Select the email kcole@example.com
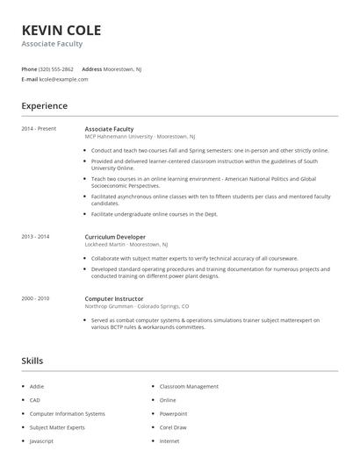pos(64,79)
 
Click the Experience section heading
pos(44,106)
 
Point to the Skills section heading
pos(32,361)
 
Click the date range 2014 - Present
pos(39,129)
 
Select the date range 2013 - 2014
pos(35,237)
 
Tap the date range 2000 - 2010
pos(35,298)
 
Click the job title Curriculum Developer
pos(115,237)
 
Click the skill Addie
pos(37,386)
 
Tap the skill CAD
pos(35,399)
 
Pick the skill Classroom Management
pos(189,386)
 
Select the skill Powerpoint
pos(173,413)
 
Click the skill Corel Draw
pos(173,426)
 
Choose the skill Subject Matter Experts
pos(56,426)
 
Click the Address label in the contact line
pos(91,68)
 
